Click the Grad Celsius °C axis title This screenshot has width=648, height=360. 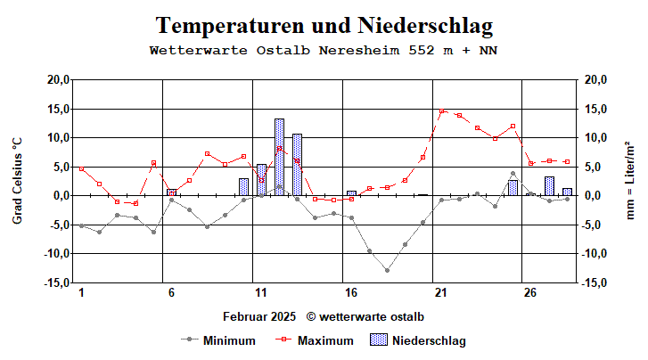click(17, 181)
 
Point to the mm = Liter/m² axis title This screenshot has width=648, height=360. click(631, 181)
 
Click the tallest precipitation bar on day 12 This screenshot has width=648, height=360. click(279, 157)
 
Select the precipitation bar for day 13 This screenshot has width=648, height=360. click(297, 165)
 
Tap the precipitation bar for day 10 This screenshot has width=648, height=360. click(243, 186)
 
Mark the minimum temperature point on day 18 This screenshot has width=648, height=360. click(387, 269)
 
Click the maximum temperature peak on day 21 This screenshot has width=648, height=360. click(441, 111)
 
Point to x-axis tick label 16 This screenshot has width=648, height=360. click(351, 293)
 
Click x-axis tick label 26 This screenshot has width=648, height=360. click(530, 293)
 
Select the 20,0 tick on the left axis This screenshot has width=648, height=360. click(58, 79)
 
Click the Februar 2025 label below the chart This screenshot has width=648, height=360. click(259, 316)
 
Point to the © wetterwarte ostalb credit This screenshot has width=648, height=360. click(365, 316)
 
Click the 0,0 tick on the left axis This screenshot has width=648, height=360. click(61, 195)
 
